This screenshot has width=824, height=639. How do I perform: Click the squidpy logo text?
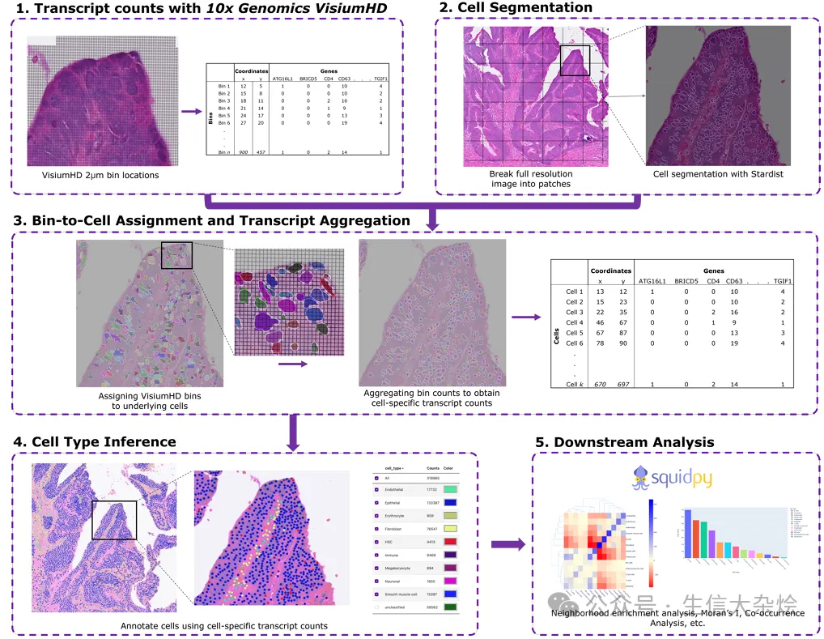pos(676,478)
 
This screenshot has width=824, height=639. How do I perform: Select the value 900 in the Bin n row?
pos(244,152)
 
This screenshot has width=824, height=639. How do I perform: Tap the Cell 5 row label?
pos(574,333)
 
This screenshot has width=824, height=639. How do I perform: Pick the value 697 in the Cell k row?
pos(621,384)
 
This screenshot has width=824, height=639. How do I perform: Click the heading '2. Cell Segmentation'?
pos(516,8)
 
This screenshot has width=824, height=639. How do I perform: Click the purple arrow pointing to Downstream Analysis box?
pos(508,544)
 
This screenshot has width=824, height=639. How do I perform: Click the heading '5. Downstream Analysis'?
pos(624,442)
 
